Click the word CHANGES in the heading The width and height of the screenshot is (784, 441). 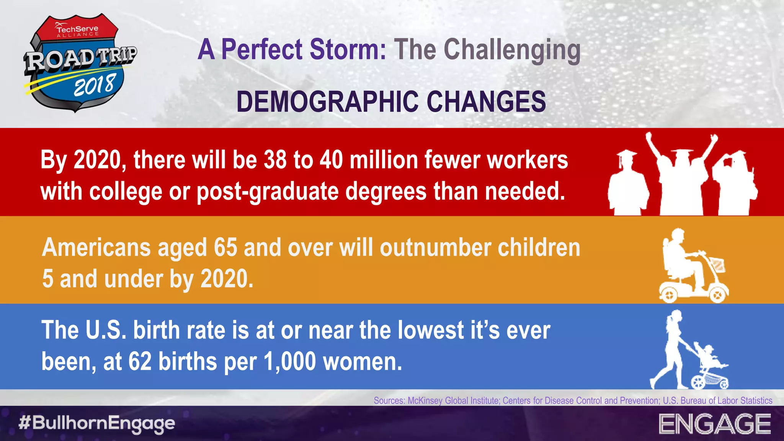coord(486,102)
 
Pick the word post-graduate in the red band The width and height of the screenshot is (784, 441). coord(268,191)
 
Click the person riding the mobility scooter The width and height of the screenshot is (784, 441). coord(683,260)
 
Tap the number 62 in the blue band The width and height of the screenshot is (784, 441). coord(140,361)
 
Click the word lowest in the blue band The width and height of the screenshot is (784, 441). coord(431,330)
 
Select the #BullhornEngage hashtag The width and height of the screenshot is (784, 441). coord(96,423)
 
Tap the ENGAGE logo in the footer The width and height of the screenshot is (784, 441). coord(715,424)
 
